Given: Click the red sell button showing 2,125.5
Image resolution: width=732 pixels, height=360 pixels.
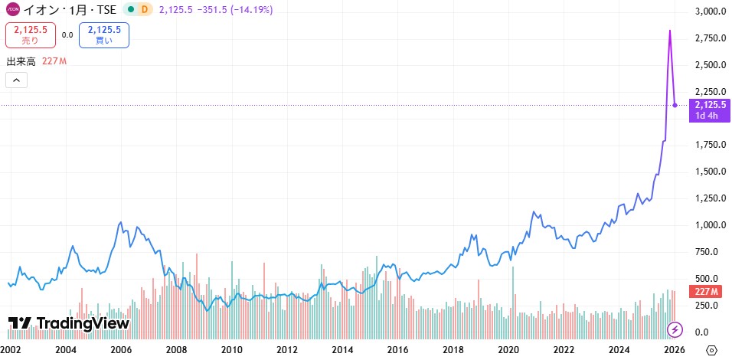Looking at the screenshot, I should click(31, 34).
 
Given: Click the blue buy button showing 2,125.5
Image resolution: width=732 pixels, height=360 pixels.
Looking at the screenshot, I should click(104, 34).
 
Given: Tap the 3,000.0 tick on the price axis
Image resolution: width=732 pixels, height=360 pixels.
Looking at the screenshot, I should click(711, 12).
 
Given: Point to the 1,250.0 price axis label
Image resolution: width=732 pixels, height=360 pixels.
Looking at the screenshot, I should click(711, 198).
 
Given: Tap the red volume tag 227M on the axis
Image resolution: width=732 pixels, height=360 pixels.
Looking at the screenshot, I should click(704, 291).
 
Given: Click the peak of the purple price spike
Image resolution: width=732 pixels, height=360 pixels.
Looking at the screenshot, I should click(670, 31).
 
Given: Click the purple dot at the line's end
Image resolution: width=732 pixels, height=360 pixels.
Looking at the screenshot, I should click(675, 105).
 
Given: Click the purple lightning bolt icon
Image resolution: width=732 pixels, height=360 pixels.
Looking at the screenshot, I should click(675, 329).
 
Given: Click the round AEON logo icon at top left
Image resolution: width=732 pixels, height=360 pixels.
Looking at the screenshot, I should click(12, 9).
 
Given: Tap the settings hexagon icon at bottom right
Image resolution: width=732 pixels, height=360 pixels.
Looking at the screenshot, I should click(711, 350).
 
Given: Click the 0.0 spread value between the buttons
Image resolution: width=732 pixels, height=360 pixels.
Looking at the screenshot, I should click(67, 34).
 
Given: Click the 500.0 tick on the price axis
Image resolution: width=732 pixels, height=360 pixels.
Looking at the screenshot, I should click(711, 279).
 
